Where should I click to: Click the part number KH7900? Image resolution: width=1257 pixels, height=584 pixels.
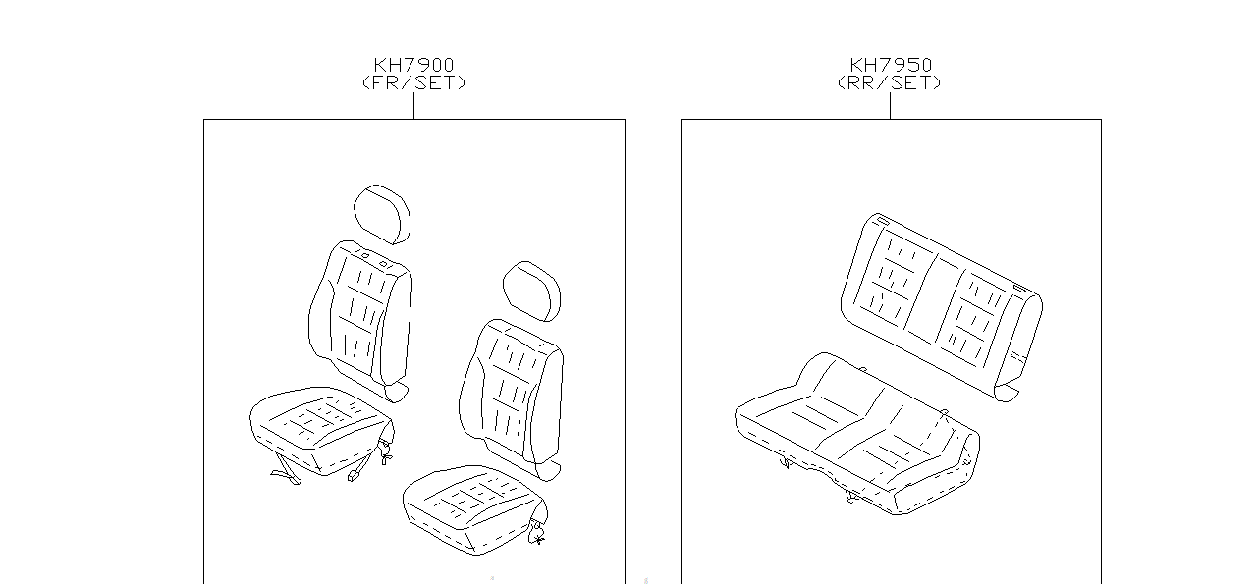click(x=413, y=66)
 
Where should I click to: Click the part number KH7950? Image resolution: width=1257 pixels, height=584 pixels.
click(x=891, y=66)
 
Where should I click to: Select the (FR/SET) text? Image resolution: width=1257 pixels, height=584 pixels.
click(x=413, y=83)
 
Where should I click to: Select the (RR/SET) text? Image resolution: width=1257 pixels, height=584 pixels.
click(x=890, y=83)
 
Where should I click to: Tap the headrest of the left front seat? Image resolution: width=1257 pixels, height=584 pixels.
click(x=382, y=212)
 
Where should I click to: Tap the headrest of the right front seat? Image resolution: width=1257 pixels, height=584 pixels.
click(x=531, y=290)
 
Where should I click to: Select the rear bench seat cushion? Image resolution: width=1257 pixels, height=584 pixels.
click(x=854, y=432)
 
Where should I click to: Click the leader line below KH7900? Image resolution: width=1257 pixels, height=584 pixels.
click(x=413, y=106)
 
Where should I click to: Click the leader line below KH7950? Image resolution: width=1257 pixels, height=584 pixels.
click(x=890, y=106)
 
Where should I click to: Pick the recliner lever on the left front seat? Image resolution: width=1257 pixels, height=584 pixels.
click(x=385, y=451)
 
